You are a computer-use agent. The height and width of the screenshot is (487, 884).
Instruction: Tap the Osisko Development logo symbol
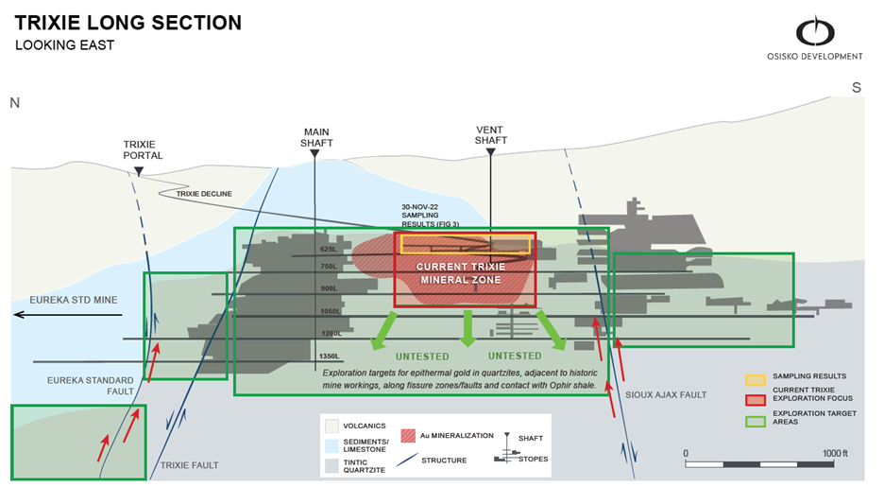pos(815,31)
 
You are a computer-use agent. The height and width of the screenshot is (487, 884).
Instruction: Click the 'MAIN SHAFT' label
pos(317,137)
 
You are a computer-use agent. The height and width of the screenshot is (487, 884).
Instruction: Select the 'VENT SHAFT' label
pos(490,134)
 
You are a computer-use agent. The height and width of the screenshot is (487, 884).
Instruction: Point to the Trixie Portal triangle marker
pos(139,171)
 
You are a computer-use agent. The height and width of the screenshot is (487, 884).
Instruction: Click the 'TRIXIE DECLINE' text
pos(204,194)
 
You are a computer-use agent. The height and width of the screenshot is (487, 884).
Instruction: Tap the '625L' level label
pos(329,250)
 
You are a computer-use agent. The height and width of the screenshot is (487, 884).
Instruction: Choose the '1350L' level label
pos(329,357)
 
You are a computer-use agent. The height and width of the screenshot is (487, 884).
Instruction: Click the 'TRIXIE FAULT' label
pos(190,465)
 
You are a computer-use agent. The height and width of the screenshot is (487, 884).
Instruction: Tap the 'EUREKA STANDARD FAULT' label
pos(86,386)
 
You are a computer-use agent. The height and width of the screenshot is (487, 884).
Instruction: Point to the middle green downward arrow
pos(467,329)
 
